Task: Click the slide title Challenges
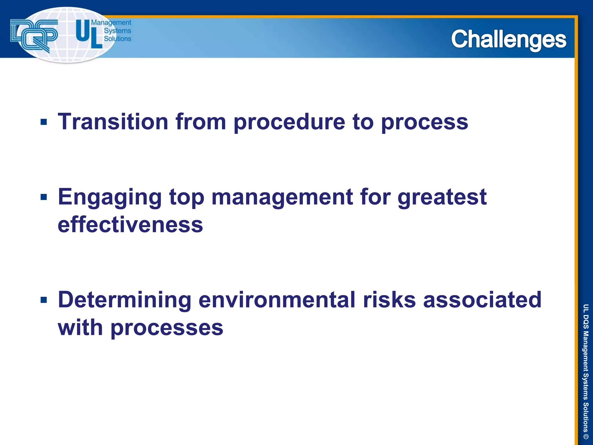coord(508,39)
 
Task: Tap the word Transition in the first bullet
coord(113,122)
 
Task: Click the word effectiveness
coord(130,225)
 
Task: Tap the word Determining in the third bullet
coord(125,300)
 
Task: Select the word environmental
coord(277,300)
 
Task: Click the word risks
coord(389,300)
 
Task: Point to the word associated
coord(482,300)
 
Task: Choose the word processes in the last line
coord(167,328)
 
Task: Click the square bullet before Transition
coord(44,122)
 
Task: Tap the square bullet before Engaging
coord(44,197)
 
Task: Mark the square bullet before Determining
coord(44,300)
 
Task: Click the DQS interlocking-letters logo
coord(34,35)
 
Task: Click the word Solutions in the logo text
coord(117,39)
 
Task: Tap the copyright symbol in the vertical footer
coord(585,436)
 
